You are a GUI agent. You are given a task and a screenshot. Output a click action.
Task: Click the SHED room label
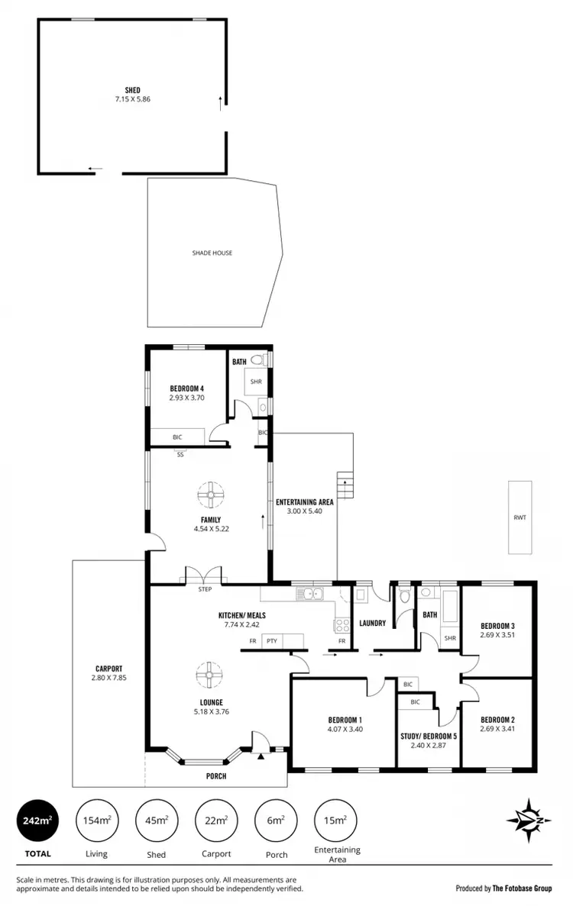tap(133, 89)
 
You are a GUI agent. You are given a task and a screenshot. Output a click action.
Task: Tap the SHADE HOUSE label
tap(212, 253)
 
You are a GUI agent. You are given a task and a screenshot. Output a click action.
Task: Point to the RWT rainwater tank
tap(520, 517)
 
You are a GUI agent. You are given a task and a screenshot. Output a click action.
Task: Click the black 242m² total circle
tap(36, 821)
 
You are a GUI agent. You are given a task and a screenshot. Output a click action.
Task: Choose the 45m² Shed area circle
tap(155, 821)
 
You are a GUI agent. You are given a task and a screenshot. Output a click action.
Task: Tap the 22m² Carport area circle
tap(215, 821)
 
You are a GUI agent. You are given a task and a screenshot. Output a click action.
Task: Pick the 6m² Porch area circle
tap(274, 821)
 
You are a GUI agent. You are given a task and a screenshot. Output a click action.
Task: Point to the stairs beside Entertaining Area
tap(346, 485)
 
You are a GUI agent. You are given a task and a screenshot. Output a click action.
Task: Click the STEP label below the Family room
tap(205, 589)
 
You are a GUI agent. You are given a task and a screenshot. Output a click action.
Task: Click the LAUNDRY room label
tap(372, 624)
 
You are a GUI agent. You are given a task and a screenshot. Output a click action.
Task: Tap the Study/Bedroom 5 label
tap(429, 736)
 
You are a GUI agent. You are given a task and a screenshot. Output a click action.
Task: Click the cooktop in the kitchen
tap(341, 624)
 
